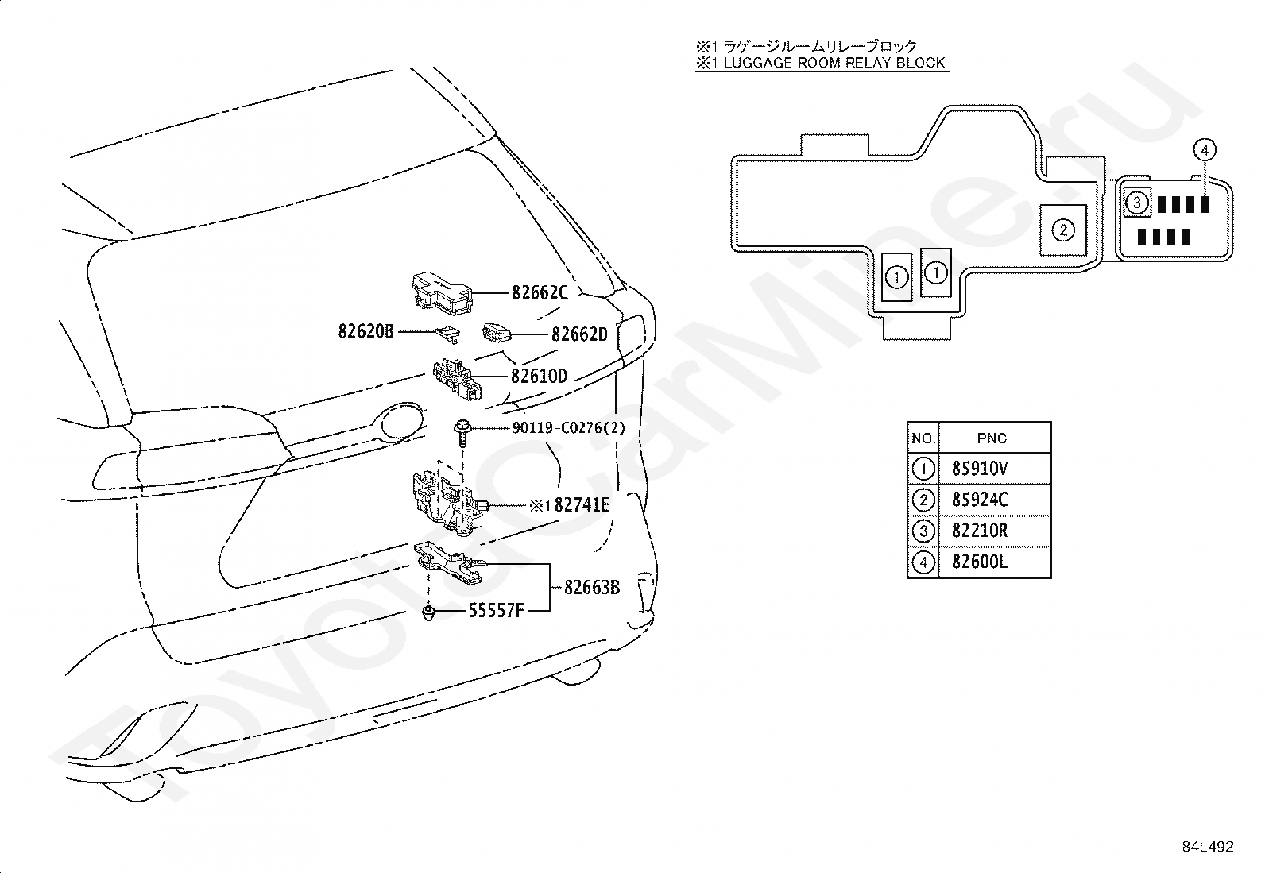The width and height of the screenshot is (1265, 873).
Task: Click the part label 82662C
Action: pos(540,292)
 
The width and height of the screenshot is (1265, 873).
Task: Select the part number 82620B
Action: pos(366,331)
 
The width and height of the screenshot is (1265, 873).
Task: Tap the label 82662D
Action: pos(579,334)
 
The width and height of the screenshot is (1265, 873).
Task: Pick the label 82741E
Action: pos(582,504)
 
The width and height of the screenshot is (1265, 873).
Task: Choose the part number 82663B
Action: pos(592,588)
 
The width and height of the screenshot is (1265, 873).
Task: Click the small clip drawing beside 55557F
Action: pos(428,612)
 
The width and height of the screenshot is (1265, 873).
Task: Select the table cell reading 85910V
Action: pos(979,469)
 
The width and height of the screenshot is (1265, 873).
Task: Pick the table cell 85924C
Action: pos(979,500)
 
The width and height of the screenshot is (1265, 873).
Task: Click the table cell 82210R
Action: pos(979,531)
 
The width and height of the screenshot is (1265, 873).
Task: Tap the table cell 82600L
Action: pos(979,562)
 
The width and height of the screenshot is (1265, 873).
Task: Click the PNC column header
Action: pos(992,438)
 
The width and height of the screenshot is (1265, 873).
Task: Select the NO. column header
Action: pos(923,438)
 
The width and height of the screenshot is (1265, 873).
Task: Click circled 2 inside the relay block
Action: pos(1063,230)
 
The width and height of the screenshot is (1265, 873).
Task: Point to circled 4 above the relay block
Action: pos(1205,149)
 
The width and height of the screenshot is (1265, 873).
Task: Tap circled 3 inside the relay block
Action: pos(1137,203)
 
